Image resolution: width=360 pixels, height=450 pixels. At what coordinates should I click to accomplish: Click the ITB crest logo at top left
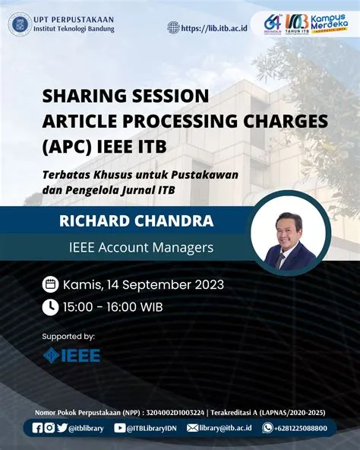coord(20,24)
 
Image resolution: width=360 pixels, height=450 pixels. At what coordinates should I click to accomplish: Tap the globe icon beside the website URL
coord(174,27)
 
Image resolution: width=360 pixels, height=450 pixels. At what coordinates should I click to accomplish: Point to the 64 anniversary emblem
coord(273,24)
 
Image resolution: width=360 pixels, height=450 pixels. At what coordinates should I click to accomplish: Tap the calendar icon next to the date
coord(50,285)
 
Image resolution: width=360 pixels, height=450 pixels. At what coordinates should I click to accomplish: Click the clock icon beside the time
coord(50,307)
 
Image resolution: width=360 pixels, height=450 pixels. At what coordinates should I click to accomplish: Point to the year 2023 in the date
coord(206,285)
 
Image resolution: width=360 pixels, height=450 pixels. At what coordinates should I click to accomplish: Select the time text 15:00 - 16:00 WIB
coord(112,307)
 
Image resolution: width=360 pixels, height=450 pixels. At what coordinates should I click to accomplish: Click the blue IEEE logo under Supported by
coord(71,354)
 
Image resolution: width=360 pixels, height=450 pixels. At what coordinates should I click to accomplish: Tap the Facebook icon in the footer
coord(37,428)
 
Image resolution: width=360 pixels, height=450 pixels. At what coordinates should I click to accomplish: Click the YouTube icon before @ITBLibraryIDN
coord(120,428)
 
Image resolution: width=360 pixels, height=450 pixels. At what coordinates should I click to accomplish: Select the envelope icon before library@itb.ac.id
coord(192,428)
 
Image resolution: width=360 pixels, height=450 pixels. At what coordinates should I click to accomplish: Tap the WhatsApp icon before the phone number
coord(267,428)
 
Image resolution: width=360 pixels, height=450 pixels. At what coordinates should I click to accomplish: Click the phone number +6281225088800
coord(301,428)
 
